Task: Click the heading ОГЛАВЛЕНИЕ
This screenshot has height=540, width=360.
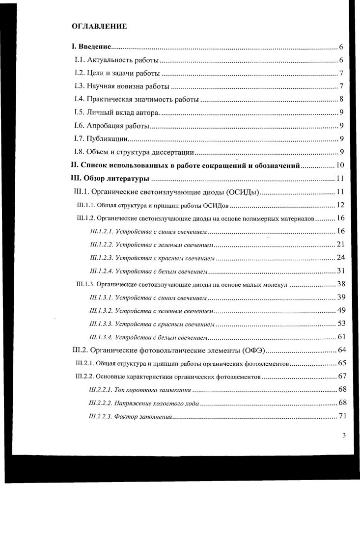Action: (x=99, y=27)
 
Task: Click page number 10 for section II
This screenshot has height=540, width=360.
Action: (x=339, y=165)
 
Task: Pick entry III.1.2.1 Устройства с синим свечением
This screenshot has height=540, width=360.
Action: (x=149, y=231)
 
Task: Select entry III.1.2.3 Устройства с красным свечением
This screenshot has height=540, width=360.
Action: (x=152, y=257)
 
